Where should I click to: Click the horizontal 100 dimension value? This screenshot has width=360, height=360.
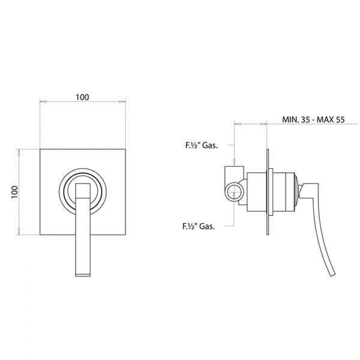(82, 97)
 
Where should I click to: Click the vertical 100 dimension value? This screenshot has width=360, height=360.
(15, 192)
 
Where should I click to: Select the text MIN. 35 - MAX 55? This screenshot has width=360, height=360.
(313, 119)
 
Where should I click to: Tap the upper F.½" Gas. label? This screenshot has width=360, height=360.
(202, 145)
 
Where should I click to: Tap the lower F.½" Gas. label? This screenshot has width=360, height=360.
(199, 226)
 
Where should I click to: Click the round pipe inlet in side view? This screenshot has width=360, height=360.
(234, 192)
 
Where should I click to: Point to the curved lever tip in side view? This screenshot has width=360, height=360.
(332, 274)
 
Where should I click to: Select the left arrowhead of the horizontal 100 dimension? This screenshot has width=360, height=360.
(43, 101)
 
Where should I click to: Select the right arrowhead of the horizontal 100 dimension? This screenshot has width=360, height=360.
(122, 101)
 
